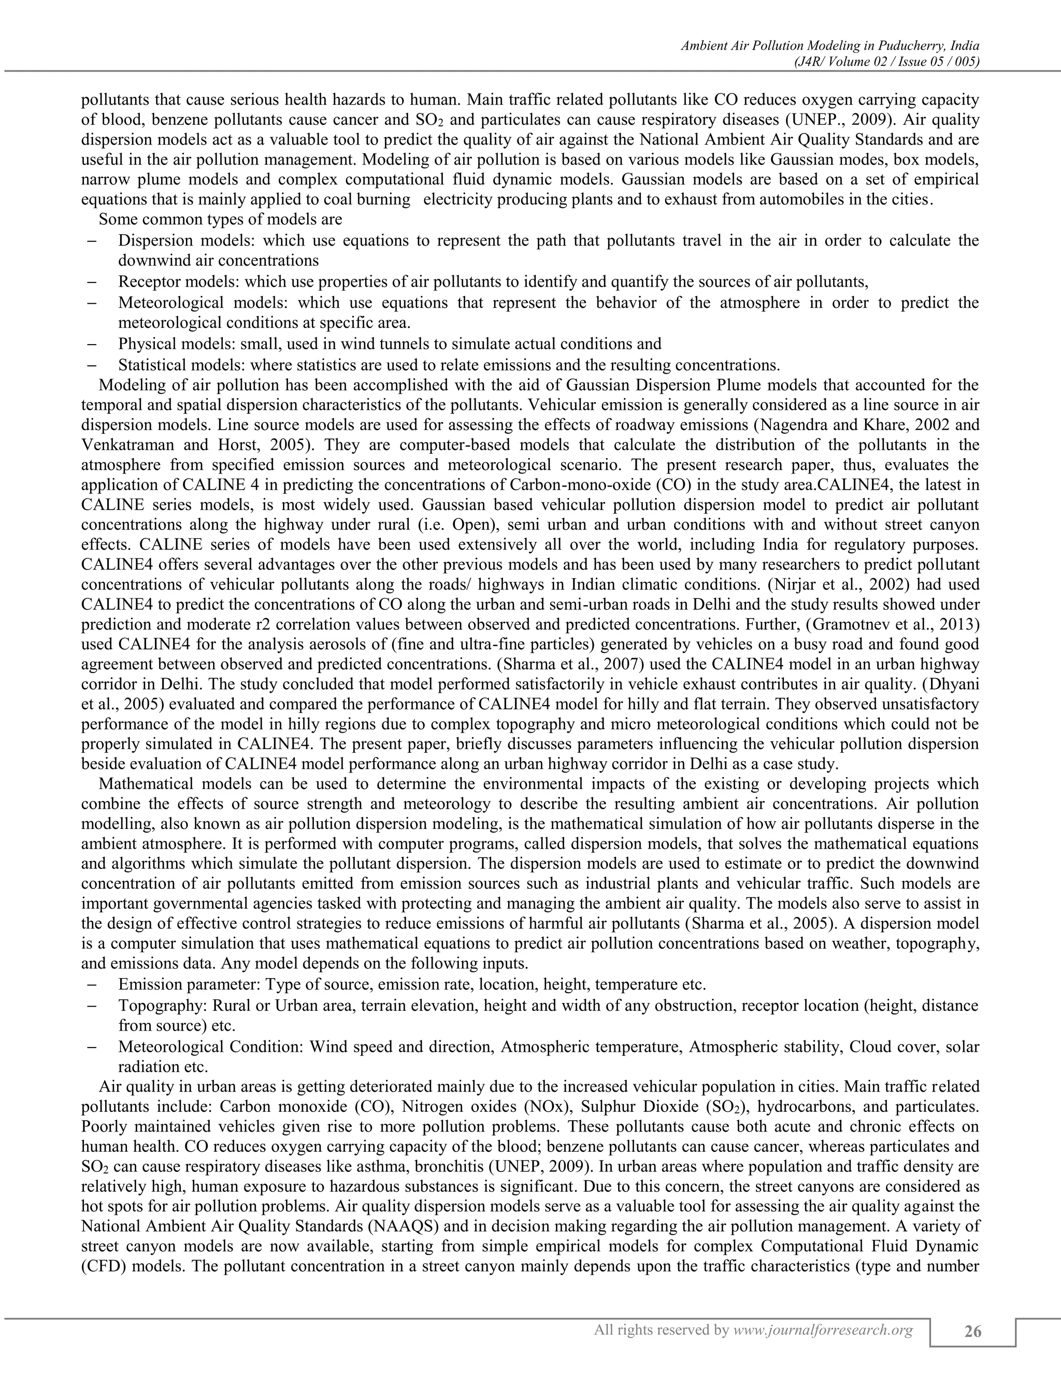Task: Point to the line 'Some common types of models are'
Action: (221, 219)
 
